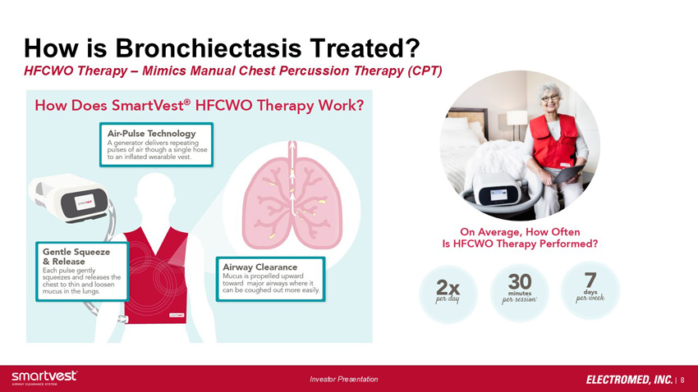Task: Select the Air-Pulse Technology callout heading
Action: (151, 134)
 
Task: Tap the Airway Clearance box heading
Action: (260, 267)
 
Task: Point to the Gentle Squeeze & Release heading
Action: (76, 257)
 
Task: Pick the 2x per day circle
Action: (448, 294)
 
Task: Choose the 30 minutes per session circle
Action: (520, 292)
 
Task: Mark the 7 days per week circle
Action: (590, 289)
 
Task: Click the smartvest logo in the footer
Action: (44, 377)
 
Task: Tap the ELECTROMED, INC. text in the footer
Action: (630, 380)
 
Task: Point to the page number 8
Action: (682, 380)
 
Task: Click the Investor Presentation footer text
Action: (343, 379)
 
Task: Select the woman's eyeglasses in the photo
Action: (550, 98)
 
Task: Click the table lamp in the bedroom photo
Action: (517, 125)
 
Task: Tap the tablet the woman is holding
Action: (568, 174)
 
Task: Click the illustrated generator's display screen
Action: (85, 203)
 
